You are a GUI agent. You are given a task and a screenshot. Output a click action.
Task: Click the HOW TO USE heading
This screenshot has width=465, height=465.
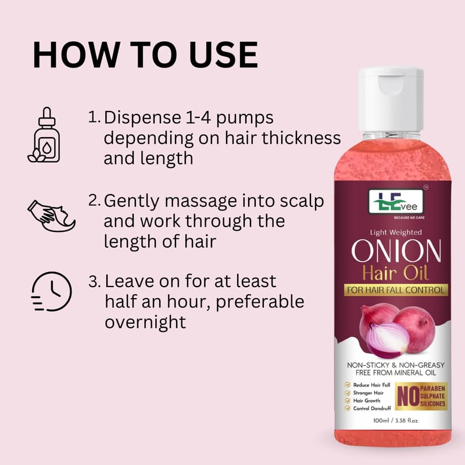coord(145,55)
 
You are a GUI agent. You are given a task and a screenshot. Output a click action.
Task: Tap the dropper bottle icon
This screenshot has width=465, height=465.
coord(45,135)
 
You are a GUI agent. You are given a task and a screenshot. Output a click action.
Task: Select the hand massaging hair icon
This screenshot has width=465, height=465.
coord(51,216)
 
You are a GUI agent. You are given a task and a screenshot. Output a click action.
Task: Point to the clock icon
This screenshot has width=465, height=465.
coord(52,291)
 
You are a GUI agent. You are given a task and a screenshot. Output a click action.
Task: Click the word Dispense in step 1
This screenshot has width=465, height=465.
coord(142,118)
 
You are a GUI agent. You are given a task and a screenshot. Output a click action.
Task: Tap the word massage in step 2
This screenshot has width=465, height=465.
coord(201,201)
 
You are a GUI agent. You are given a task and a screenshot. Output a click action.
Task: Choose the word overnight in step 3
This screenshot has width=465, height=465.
coord(145,322)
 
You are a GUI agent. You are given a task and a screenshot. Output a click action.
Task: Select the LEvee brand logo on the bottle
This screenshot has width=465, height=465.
coord(396,202)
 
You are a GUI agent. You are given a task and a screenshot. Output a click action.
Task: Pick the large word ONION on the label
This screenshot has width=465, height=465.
coord(396,251)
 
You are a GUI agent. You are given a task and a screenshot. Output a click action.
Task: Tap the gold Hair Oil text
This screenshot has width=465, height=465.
coord(396,273)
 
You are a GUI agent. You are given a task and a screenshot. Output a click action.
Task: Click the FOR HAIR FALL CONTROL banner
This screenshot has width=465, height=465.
coord(396,290)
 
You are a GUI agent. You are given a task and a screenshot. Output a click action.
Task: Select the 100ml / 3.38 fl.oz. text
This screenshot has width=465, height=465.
coord(396,420)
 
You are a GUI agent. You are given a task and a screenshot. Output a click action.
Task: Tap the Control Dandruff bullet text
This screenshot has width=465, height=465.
coord(372,409)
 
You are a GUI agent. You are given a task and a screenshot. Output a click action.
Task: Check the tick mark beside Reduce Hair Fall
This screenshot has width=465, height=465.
coord(347,385)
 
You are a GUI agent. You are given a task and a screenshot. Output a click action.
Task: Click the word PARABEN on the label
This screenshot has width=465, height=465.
coord(432,388)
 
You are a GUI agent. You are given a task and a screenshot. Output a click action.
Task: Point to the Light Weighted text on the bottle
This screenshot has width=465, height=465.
coord(396,233)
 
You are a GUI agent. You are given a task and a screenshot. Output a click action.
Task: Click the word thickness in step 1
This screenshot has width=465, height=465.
coord(301,138)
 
